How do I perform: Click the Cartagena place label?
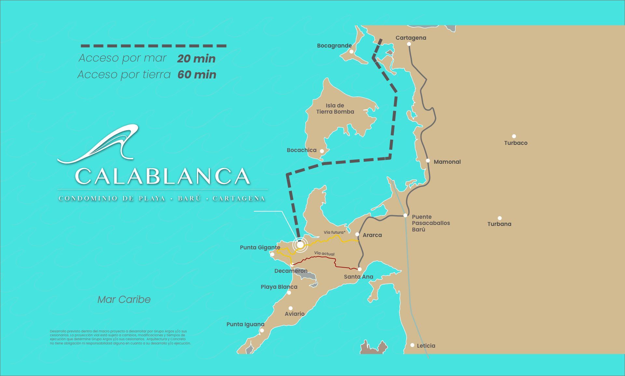[x=410, y=38]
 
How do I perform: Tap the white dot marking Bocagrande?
[x=351, y=51]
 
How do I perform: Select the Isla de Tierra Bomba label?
[x=335, y=109]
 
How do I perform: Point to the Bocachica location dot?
[x=322, y=151]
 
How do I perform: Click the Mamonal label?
[x=447, y=162]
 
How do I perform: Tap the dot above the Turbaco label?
[x=514, y=136]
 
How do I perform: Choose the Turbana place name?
[x=499, y=224]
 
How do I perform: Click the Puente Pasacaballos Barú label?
[x=430, y=223]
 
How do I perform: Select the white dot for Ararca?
[x=357, y=234]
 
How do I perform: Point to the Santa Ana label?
[x=358, y=277]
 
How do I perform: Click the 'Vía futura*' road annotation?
[x=334, y=232]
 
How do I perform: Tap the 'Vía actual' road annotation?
[x=324, y=253]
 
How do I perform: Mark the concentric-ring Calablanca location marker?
[x=300, y=244]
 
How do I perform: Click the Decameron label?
[x=291, y=271]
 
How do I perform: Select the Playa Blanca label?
[x=279, y=287]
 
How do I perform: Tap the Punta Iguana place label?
[x=245, y=324]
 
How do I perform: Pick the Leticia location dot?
[x=412, y=345]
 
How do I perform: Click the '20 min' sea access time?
[x=196, y=59]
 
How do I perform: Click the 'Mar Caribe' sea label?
[x=124, y=299]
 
